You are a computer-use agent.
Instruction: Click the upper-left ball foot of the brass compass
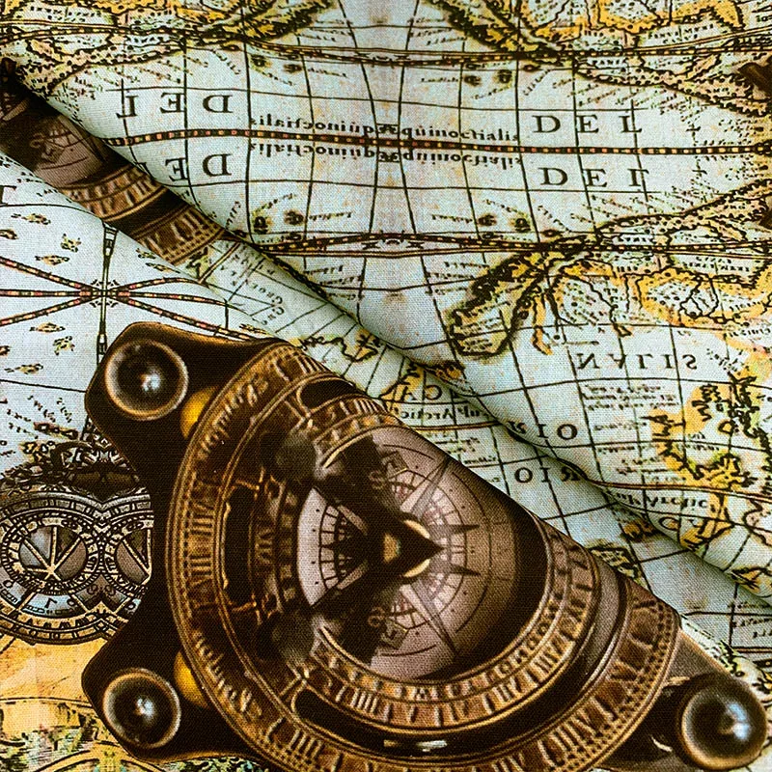[x=145, y=377]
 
